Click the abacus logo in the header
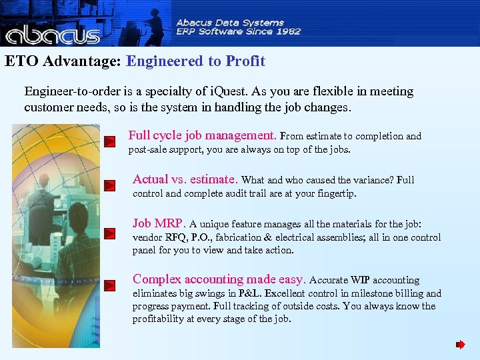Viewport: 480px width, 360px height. (52, 32)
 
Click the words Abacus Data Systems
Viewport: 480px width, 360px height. (230, 22)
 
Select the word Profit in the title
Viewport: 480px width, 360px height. (245, 61)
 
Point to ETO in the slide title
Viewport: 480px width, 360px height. (20, 61)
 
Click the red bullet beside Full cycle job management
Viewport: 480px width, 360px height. (111, 141)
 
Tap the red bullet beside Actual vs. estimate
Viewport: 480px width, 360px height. (111, 185)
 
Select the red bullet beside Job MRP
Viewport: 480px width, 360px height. (111, 233)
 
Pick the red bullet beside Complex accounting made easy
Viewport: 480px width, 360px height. (111, 285)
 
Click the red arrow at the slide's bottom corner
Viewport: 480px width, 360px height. (460, 345)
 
